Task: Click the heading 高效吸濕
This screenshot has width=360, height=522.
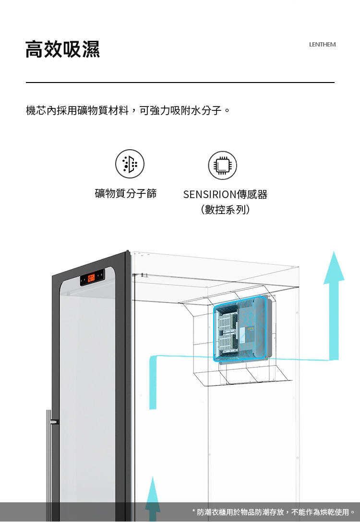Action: tap(63, 49)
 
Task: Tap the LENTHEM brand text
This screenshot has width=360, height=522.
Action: tap(322, 45)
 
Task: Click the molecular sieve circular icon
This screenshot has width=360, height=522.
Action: tap(130, 164)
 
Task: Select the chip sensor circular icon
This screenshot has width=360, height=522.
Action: tap(222, 166)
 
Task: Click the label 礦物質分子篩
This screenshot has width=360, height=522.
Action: tap(126, 194)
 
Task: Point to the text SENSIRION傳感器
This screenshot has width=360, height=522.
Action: tap(225, 194)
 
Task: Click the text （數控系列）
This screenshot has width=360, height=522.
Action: tap(225, 210)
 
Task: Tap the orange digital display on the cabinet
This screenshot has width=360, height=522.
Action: tap(92, 277)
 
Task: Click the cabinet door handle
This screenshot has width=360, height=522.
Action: tap(48, 456)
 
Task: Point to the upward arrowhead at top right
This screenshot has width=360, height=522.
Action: tap(334, 269)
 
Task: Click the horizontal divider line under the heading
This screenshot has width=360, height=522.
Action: tap(180, 83)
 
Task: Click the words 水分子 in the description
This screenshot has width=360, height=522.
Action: tap(209, 111)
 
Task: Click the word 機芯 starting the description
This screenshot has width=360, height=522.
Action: tap(34, 111)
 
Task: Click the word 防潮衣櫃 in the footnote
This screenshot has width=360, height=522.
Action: tap(213, 512)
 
